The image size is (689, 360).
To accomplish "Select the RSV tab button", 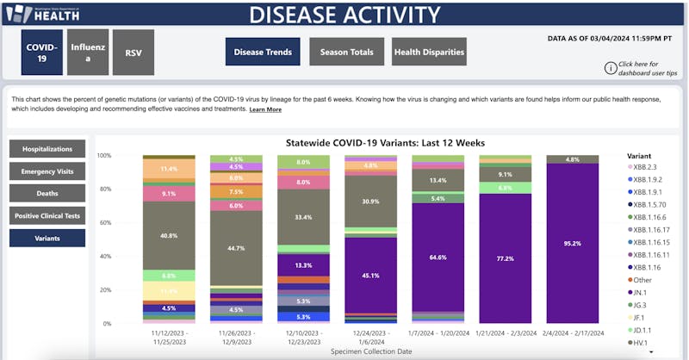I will coord(133,53).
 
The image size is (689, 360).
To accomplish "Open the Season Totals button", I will coord(347,53).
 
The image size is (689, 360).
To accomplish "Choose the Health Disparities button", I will coord(429,53).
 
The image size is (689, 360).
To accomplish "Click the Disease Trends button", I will coord(263,53).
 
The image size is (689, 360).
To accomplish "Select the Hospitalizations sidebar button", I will coord(47,149).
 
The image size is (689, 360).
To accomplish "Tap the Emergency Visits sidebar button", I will coord(47,171).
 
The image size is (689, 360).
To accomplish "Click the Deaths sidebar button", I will coord(47,194).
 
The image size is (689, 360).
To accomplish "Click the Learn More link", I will coord(265,110).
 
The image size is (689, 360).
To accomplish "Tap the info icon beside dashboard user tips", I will coord(611,68).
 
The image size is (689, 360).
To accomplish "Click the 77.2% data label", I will coord(505,258).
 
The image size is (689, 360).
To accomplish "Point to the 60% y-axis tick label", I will coord(104,223).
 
